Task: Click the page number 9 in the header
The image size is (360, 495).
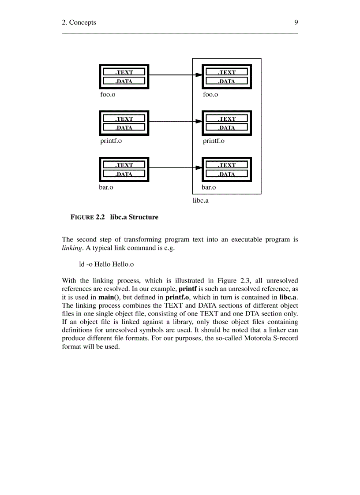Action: point(296,22)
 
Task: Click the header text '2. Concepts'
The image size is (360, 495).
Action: point(79,22)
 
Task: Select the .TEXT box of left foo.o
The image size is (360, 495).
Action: point(124,72)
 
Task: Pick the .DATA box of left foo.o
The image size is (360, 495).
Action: point(124,81)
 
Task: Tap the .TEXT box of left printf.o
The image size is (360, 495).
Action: point(124,119)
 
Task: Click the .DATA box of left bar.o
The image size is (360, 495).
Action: point(124,174)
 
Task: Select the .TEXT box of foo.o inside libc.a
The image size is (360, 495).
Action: point(227,72)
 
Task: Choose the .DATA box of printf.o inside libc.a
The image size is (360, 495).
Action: point(227,128)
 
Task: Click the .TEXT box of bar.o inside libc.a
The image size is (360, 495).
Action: point(227,165)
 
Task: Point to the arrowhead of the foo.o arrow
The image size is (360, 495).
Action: point(199,75)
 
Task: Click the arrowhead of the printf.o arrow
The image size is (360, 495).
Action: point(199,121)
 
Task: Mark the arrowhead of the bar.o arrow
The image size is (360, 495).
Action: point(199,167)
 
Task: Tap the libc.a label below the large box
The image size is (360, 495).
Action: point(200,201)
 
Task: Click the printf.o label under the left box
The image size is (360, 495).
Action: point(111,141)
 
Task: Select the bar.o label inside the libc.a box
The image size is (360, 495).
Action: point(209,187)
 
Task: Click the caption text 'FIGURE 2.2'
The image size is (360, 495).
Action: point(88,217)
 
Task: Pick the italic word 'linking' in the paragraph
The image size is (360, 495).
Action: point(72,248)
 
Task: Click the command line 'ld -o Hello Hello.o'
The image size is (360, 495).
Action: point(106,264)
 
